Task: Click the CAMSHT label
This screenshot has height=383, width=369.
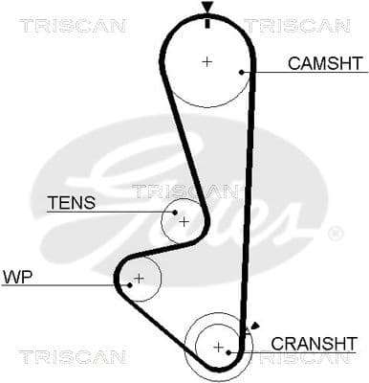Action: click(x=325, y=64)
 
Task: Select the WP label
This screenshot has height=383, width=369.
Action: click(x=17, y=277)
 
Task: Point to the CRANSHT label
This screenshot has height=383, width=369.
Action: click(x=314, y=343)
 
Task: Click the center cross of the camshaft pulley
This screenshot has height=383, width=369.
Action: click(x=206, y=62)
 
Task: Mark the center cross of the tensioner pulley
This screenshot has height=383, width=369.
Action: click(x=184, y=221)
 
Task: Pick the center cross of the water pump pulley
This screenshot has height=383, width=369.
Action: click(x=139, y=279)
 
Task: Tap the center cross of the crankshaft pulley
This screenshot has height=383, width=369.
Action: click(x=218, y=346)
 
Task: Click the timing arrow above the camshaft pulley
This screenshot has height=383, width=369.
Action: click(x=206, y=11)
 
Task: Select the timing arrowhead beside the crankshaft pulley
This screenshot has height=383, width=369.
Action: click(x=252, y=327)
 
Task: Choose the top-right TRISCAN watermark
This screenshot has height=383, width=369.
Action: click(x=296, y=26)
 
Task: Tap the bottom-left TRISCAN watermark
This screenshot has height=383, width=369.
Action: click(x=72, y=357)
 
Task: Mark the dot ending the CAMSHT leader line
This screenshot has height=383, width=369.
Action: click(x=243, y=72)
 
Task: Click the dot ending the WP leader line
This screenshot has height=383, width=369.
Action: click(x=128, y=284)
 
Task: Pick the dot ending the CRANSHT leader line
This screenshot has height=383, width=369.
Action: click(x=230, y=351)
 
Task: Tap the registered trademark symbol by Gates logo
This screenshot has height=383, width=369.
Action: click(x=335, y=234)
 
